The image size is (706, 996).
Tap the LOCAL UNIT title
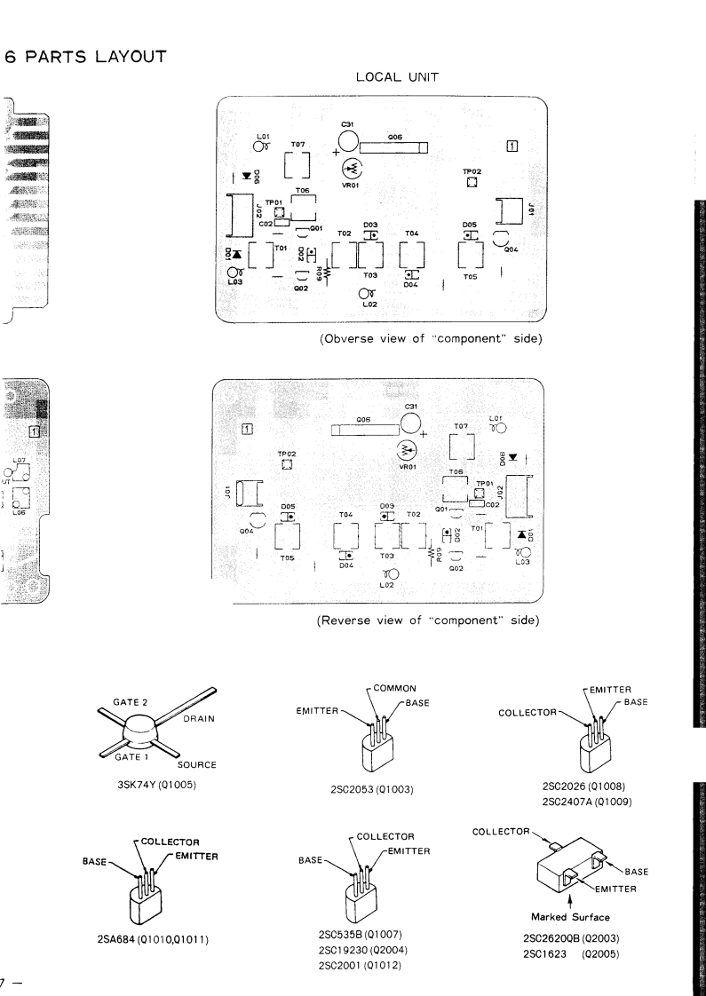(x=396, y=77)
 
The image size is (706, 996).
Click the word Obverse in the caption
(x=349, y=339)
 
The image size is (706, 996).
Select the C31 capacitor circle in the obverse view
(x=348, y=141)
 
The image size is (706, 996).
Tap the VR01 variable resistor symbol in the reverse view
(x=408, y=449)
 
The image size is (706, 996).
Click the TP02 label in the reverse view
(x=286, y=454)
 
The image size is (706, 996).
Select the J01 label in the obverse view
(x=529, y=210)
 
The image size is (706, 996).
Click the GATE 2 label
(x=130, y=703)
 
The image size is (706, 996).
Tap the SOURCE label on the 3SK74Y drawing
(x=196, y=764)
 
